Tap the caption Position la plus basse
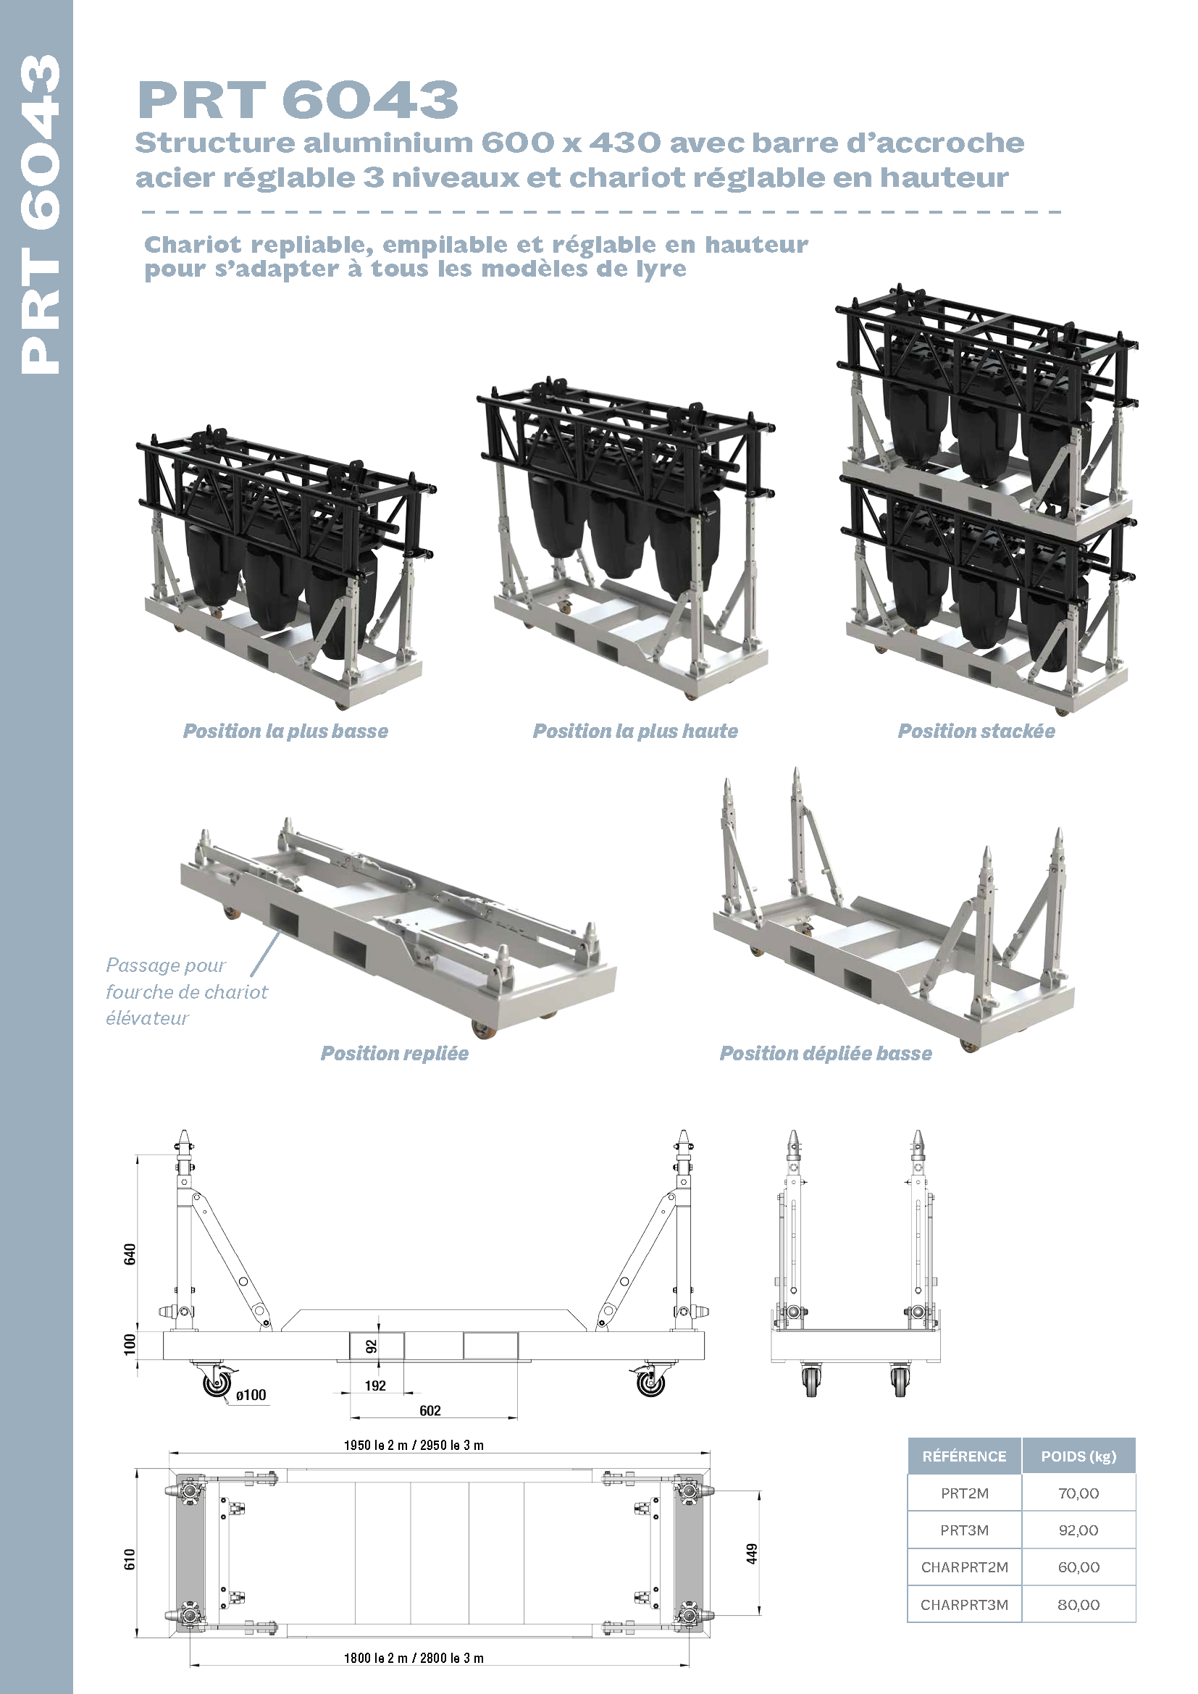tap(285, 731)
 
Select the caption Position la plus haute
tap(635, 731)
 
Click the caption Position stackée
tap(976, 731)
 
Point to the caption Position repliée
tap(395, 1054)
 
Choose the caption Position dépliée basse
tap(826, 1054)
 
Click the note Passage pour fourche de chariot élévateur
tap(186, 991)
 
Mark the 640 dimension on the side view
tap(130, 1254)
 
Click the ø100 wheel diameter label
tap(251, 1395)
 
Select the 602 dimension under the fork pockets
tap(430, 1411)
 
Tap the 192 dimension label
tap(375, 1385)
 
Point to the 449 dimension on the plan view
tap(752, 1553)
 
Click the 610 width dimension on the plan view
tap(130, 1559)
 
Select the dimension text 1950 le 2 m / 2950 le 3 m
tap(414, 1446)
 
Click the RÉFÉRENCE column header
tap(964, 1456)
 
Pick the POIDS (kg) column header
tap(1078, 1456)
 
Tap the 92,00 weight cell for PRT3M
tap(1078, 1530)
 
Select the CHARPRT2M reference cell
tap(964, 1567)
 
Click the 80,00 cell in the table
tap(1078, 1605)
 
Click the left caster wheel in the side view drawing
tap(217, 1383)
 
